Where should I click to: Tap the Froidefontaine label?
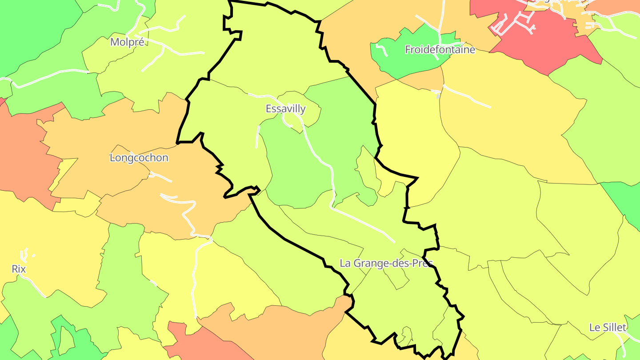click(440, 49)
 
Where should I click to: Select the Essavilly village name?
click(285, 108)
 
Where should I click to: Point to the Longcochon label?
click(139, 158)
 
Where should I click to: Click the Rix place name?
click(19, 269)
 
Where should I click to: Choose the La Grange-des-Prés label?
click(386, 263)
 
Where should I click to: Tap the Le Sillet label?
click(608, 328)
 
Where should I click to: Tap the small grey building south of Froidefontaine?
click(438, 96)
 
